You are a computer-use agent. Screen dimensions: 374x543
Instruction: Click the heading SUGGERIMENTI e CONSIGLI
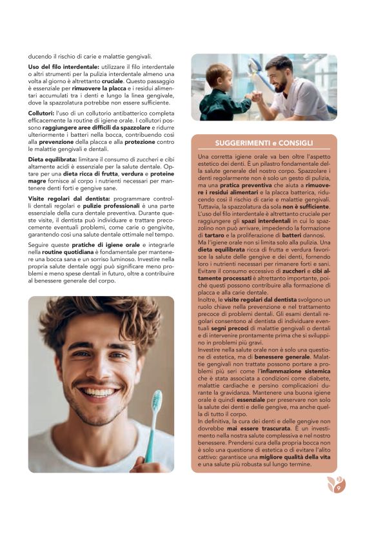coord(264,143)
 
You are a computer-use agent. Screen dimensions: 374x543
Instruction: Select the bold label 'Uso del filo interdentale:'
coord(64,67)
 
